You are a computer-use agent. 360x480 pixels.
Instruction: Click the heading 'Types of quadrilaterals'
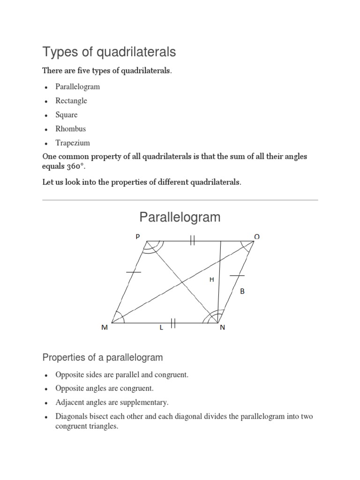click(x=109, y=52)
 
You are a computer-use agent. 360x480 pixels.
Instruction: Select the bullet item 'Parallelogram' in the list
click(x=77, y=87)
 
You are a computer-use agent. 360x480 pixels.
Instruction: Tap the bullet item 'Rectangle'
click(x=71, y=101)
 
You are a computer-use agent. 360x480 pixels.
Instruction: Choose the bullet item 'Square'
click(x=67, y=115)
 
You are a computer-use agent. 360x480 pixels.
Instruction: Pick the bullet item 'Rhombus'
click(x=71, y=128)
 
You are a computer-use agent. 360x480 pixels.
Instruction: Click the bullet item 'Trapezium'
click(x=73, y=143)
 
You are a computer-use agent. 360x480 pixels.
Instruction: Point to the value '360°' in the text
click(x=65, y=167)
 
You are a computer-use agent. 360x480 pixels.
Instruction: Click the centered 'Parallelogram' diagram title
click(x=180, y=217)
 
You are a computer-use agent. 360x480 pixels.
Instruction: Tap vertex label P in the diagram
click(x=138, y=237)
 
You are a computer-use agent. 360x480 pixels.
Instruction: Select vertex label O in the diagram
click(x=257, y=237)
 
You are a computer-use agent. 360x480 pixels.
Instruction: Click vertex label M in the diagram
click(x=105, y=328)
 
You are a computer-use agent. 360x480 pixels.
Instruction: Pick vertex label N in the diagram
click(x=223, y=328)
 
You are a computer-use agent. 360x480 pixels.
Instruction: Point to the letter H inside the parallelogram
click(x=211, y=279)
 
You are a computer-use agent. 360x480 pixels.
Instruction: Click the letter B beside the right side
click(x=242, y=291)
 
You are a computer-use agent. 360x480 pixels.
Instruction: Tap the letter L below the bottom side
click(x=161, y=328)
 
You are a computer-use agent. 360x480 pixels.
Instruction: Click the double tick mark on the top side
click(x=193, y=241)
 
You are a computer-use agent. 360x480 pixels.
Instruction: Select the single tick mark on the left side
click(x=134, y=271)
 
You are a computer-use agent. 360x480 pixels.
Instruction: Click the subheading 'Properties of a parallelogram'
click(x=103, y=358)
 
